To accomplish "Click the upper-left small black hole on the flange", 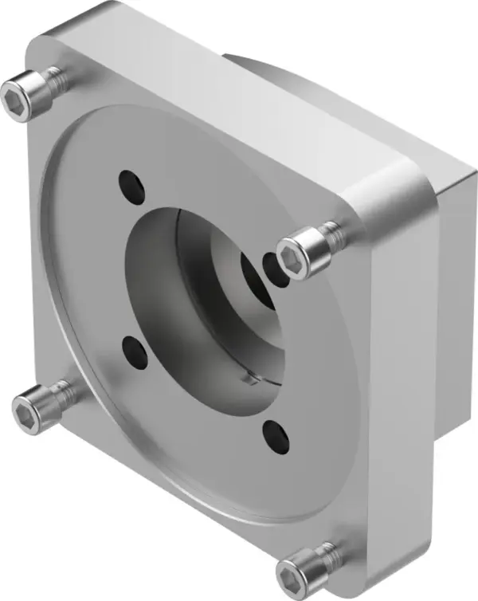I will (131, 184).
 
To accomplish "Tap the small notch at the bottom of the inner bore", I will (249, 380).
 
